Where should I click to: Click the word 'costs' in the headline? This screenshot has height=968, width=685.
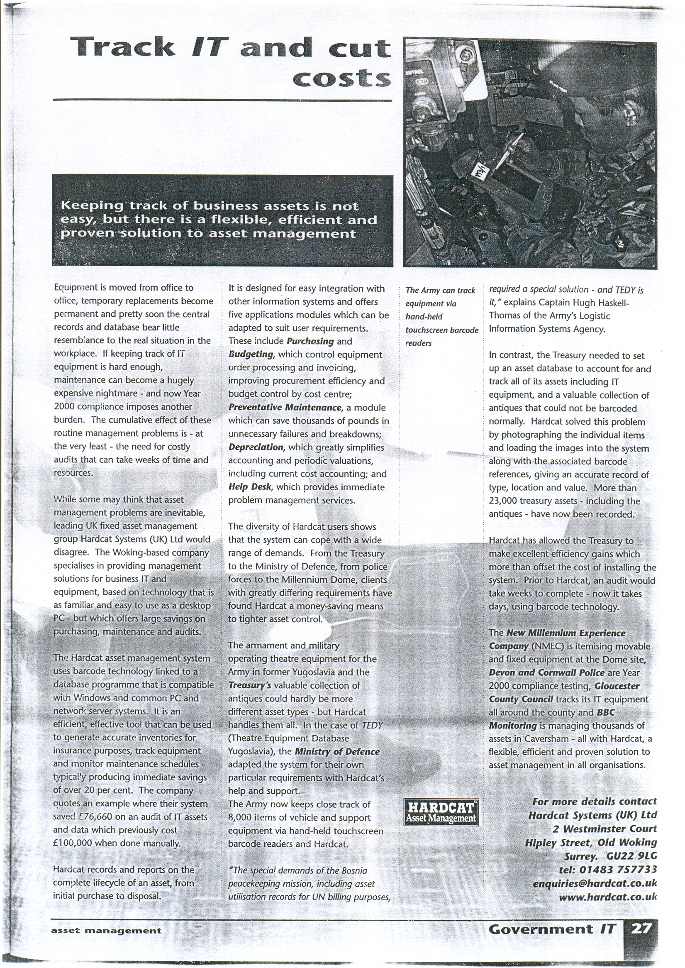click(x=341, y=79)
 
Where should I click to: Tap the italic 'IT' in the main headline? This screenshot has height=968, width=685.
click(x=210, y=47)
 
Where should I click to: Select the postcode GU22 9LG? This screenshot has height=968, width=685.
click(x=631, y=856)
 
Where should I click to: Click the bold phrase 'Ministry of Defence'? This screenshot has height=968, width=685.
click(x=336, y=752)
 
